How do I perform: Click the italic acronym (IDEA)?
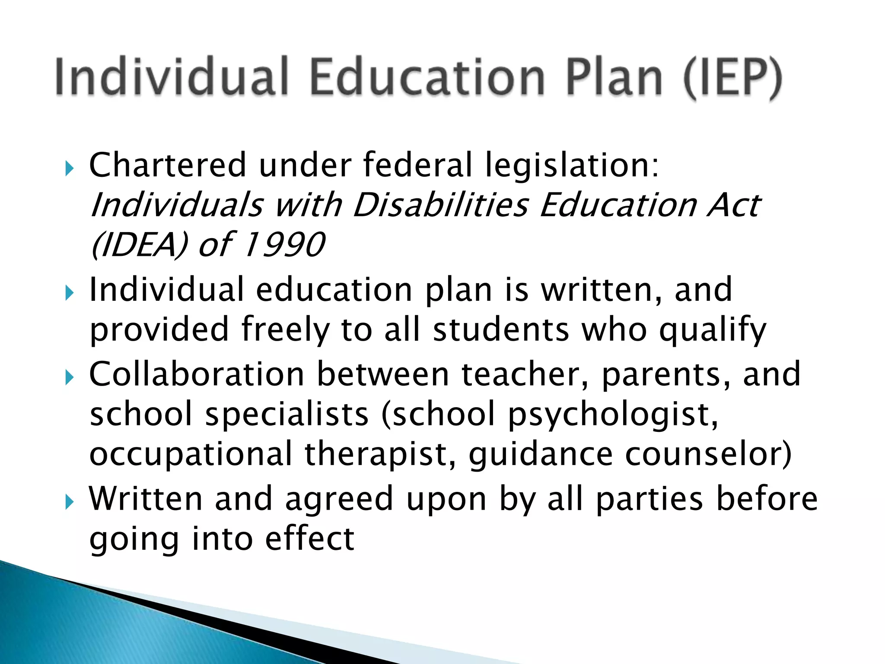click(139, 245)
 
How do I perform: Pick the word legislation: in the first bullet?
click(572, 166)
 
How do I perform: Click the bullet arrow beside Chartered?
click(69, 169)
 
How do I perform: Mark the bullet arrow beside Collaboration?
click(69, 378)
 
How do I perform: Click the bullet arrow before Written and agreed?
click(69, 502)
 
